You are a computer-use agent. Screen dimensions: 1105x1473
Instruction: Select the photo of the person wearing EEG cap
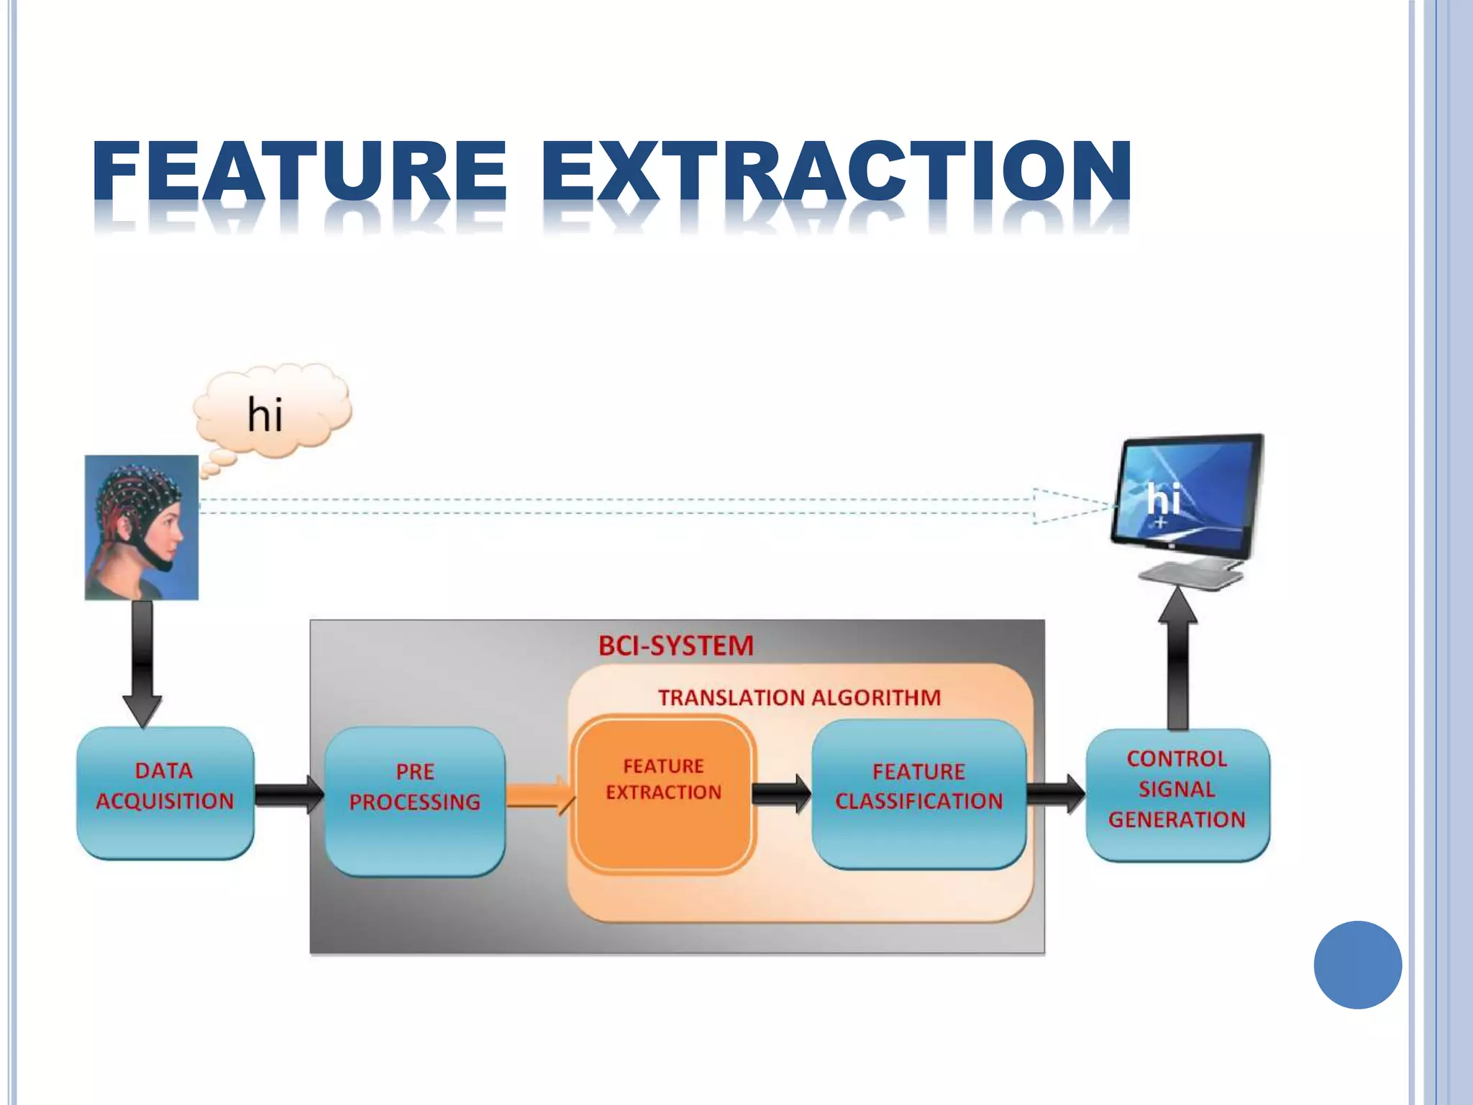pos(142,527)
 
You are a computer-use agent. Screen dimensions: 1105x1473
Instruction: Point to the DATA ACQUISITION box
pos(165,792)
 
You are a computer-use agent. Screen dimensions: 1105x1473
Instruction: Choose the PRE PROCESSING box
pos(415,800)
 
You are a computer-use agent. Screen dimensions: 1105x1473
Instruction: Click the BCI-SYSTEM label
pos(675,645)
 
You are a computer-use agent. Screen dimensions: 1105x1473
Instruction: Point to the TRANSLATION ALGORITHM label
pos(799,697)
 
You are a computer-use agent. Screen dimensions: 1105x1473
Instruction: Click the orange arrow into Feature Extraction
pos(540,795)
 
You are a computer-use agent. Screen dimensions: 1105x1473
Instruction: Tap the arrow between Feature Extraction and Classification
pos(781,794)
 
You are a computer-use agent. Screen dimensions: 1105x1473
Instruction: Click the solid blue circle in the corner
pos(1357,965)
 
